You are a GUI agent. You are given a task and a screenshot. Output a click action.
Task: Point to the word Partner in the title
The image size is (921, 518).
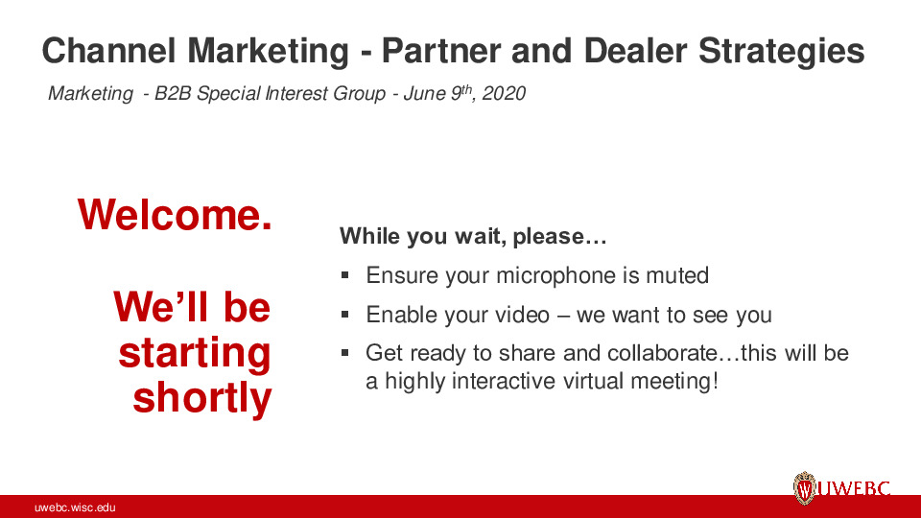(448, 51)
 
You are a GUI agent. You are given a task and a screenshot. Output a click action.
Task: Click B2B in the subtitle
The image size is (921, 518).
(174, 94)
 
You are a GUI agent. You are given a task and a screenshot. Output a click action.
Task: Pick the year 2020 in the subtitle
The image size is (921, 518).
(506, 94)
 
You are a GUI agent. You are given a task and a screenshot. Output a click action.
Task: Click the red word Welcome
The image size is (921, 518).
(175, 214)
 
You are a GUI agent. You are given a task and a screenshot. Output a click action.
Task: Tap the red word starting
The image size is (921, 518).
(195, 353)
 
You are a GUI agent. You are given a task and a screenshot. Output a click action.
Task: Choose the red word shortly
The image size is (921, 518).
(201, 398)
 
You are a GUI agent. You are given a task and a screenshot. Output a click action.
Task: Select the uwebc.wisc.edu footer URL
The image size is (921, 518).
(75, 507)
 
